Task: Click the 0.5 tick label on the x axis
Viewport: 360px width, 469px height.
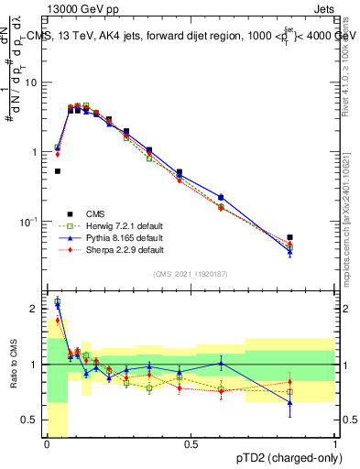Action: (x=191, y=444)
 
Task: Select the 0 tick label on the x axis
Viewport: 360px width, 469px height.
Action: (x=46, y=444)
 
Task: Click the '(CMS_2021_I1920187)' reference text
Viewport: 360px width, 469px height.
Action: (x=190, y=272)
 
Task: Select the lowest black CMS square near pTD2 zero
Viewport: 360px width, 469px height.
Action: (x=58, y=170)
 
